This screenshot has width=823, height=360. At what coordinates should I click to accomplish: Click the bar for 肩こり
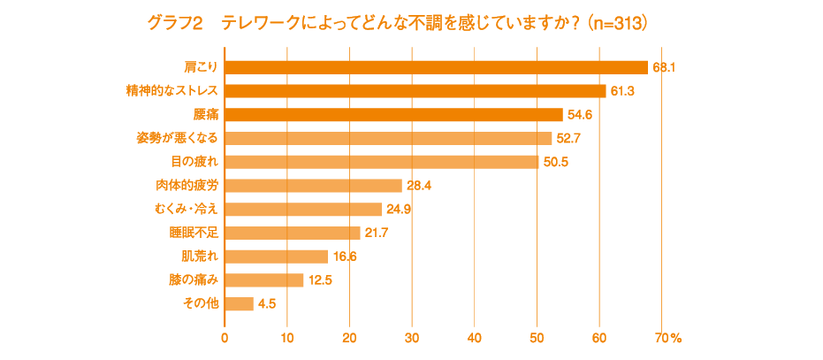437,67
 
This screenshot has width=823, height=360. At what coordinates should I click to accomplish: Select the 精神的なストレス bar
415,91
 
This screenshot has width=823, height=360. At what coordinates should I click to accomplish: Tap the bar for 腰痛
394,114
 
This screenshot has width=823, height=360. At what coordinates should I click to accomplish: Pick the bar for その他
240,303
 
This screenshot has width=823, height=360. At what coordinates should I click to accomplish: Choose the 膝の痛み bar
264,280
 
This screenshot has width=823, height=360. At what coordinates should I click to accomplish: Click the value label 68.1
664,67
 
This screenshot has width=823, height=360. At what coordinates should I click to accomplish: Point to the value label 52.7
568,138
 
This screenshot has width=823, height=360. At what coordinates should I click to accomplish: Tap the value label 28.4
417,186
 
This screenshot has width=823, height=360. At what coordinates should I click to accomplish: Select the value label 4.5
267,303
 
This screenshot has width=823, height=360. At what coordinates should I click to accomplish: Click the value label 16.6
345,257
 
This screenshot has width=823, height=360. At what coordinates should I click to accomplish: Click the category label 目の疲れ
194,162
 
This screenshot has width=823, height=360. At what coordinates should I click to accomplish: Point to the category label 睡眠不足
194,233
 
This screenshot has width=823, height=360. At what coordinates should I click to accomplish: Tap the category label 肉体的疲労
187,186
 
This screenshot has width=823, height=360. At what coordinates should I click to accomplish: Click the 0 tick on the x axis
225,337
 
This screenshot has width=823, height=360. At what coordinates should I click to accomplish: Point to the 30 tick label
412,337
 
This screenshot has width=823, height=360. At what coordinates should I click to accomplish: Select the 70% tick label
668,337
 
